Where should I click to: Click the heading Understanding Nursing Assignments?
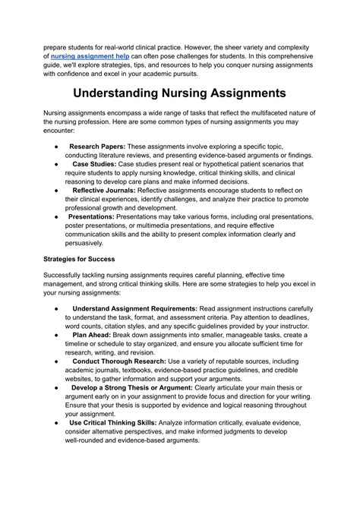179,93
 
